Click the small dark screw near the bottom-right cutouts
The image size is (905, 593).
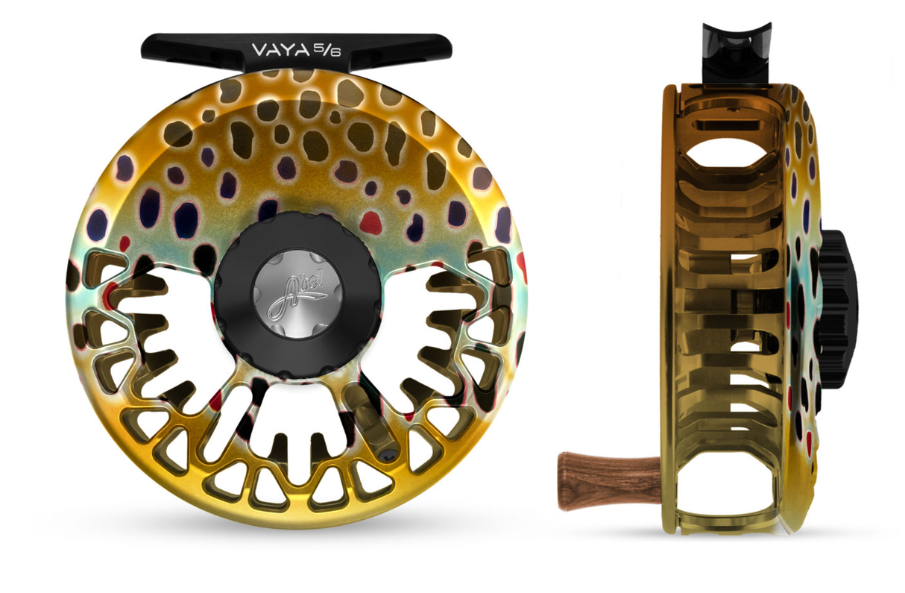384,454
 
